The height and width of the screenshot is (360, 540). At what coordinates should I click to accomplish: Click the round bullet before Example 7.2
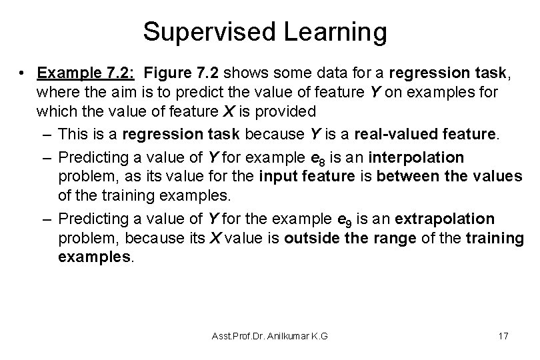[23, 72]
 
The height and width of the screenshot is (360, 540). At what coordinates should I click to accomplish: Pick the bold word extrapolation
[451, 219]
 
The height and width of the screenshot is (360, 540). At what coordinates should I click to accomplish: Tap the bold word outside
[311, 237]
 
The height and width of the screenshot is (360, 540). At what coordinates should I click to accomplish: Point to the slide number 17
[503, 336]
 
